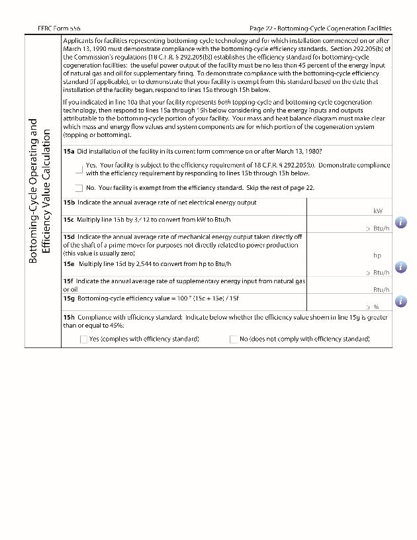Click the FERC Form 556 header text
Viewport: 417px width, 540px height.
pyautogui.click(x=60, y=28)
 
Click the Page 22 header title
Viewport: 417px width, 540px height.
pyautogui.click(x=320, y=28)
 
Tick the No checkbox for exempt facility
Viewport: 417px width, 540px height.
pyautogui.click(x=79, y=188)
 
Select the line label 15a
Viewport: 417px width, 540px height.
pyautogui.click(x=69, y=152)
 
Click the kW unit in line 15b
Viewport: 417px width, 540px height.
pyautogui.click(x=378, y=211)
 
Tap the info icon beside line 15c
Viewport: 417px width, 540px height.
pyautogui.click(x=400, y=222)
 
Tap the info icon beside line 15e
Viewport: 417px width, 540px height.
pyautogui.click(x=400, y=267)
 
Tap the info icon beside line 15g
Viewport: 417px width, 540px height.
pyautogui.click(x=400, y=301)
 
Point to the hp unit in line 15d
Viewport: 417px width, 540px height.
pyautogui.click(x=377, y=255)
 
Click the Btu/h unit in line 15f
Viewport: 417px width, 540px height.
pyautogui.click(x=381, y=289)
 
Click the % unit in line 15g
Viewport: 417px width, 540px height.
pyautogui.click(x=375, y=307)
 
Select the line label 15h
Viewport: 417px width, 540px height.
pyautogui.click(x=69, y=317)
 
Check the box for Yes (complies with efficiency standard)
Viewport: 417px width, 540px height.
pyautogui.click(x=83, y=339)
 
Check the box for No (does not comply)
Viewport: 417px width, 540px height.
pyautogui.click(x=234, y=339)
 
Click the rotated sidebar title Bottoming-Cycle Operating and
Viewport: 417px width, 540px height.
pyautogui.click(x=34, y=192)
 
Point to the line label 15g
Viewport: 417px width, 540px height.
pyautogui.click(x=69, y=299)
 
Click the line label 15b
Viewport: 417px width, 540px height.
pyautogui.click(x=69, y=202)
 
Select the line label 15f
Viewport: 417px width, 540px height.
pyautogui.click(x=69, y=281)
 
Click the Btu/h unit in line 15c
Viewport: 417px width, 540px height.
pyautogui.click(x=381, y=228)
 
